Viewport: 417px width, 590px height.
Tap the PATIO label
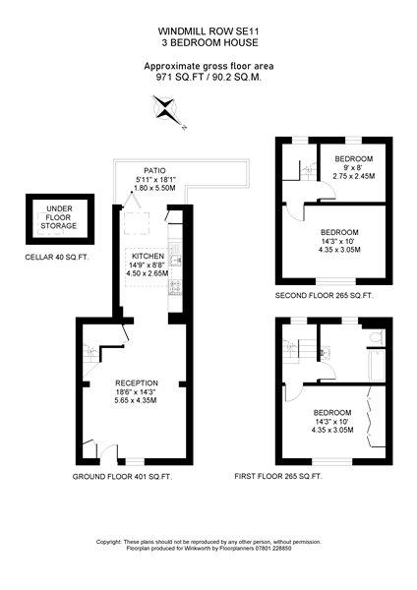tap(154, 171)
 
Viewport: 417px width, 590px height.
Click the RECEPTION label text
tap(137, 383)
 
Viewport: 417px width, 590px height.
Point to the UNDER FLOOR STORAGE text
tap(59, 217)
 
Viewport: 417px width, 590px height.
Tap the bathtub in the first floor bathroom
tap(377, 365)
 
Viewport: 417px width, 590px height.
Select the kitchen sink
tap(175, 255)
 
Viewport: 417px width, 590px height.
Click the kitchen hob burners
tap(175, 287)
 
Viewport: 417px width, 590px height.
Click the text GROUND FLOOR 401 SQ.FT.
tap(122, 477)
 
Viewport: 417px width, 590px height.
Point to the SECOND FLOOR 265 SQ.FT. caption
tap(324, 296)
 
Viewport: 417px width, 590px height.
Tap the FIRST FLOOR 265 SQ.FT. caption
tap(278, 476)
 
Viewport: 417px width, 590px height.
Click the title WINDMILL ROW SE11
tap(208, 30)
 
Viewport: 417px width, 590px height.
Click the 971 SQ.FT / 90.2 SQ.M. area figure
tap(208, 78)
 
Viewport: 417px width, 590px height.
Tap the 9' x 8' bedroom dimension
tap(354, 167)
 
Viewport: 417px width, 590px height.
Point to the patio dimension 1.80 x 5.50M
tap(154, 188)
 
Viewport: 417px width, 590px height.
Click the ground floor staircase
tap(91, 353)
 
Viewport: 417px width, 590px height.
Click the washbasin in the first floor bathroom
tap(324, 353)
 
